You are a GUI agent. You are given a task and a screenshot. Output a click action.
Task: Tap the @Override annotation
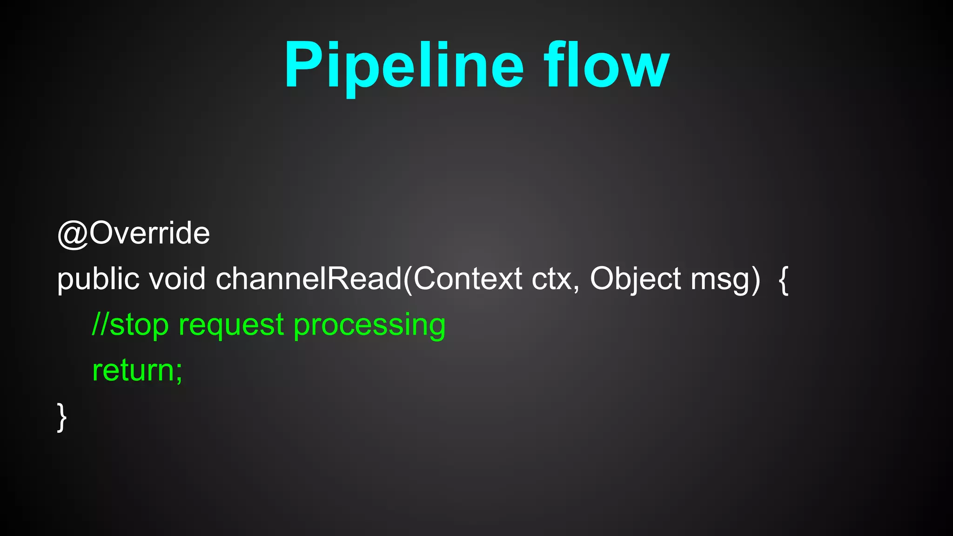[134, 233]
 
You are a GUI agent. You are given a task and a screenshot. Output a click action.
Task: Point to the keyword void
[177, 279]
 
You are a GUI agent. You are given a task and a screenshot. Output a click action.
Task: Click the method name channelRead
[309, 279]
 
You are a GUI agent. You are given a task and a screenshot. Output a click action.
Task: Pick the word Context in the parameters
[468, 279]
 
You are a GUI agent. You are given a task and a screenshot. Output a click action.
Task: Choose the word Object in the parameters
[636, 279]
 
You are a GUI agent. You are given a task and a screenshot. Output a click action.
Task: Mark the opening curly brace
[784, 279]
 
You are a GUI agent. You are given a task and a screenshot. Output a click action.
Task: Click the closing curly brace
[62, 417]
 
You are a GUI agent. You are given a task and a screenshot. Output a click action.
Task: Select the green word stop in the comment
[139, 325]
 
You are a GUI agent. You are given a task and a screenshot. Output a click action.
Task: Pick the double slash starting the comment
[100, 324]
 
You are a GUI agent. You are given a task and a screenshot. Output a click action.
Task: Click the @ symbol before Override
[73, 234]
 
